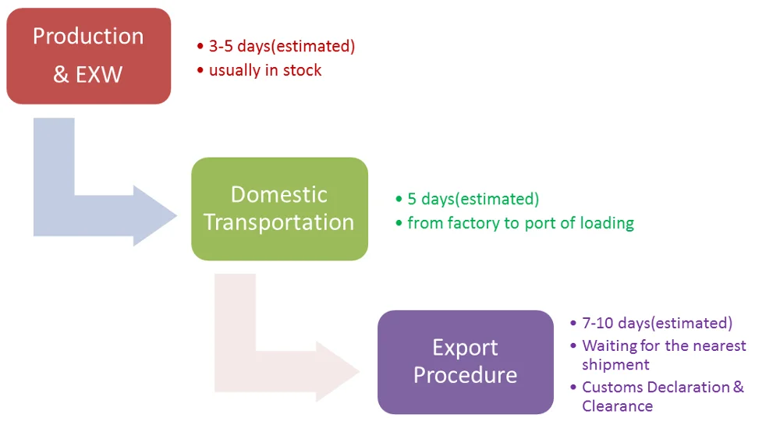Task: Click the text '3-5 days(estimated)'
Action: pos(282,46)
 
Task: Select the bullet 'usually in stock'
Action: pos(265,70)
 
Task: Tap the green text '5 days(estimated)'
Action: pos(473,199)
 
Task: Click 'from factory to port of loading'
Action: pos(520,223)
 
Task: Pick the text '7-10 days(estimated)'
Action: pos(657,323)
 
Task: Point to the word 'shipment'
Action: pos(615,364)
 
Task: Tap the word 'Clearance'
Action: pos(617,405)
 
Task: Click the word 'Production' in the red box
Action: pos(88,36)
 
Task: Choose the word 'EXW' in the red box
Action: pos(99,76)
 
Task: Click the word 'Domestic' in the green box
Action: pos(279,194)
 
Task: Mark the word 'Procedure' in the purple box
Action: pos(465,374)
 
